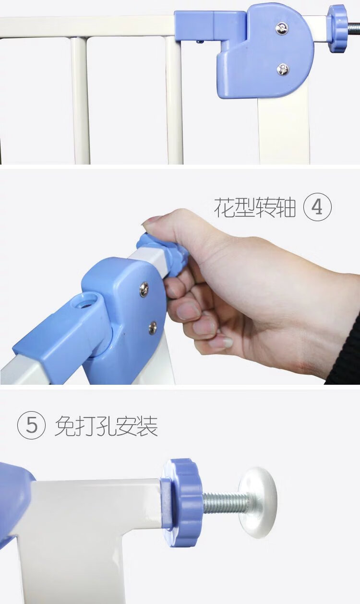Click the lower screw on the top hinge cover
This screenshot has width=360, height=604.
tap(283, 70)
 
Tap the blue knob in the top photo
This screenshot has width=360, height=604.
tap(337, 29)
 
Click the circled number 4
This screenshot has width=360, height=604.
tap(317, 207)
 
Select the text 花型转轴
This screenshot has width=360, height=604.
tap(255, 207)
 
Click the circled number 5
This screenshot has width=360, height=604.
tap(31, 425)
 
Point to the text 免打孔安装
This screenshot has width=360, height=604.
tap(107, 426)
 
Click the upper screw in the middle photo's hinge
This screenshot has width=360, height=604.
tap(144, 289)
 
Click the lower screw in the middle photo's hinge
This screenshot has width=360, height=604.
tap(153, 328)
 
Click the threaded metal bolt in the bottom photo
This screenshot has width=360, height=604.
tap(225, 501)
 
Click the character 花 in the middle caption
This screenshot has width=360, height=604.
tap(224, 207)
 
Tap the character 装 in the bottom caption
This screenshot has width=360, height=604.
tap(147, 426)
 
